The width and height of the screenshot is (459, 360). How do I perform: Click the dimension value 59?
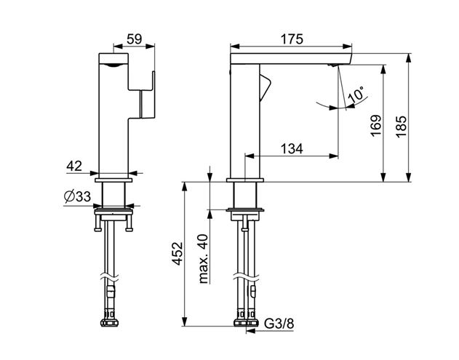pos(134,39)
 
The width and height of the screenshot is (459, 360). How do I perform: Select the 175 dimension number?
pos(292,39)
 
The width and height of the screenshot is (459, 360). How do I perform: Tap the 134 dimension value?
pos(292,148)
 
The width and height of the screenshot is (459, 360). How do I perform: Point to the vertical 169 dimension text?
pos(376,126)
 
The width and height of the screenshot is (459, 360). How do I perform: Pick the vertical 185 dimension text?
pos(401,126)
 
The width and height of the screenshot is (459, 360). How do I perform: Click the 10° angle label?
pos(356,95)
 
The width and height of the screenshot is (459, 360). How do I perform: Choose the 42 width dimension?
pos(74,166)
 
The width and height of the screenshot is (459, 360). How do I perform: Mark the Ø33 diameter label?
pos(77,196)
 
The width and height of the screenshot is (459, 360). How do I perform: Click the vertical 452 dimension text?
pos(177,254)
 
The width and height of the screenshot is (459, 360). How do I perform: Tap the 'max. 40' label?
pos(203,259)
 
